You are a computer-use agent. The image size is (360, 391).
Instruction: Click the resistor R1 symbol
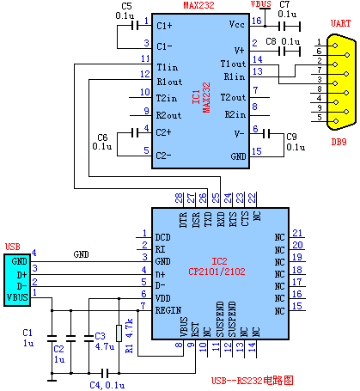119,333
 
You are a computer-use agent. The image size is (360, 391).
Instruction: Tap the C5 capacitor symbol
135,26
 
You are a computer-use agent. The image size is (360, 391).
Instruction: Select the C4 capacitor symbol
105,373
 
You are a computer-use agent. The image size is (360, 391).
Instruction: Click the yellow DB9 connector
342,82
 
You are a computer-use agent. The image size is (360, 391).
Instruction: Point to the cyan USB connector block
17,280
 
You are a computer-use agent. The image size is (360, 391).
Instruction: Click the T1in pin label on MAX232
168,67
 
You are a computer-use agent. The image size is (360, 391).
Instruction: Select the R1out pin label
169,82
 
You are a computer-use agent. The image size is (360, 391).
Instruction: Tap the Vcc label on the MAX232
237,25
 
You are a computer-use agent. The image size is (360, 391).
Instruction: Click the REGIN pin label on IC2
168,310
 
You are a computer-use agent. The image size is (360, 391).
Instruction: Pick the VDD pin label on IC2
162,298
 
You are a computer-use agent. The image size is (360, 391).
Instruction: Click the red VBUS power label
261,4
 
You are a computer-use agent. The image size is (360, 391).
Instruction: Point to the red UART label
340,23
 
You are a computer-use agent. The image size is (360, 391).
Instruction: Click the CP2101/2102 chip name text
217,272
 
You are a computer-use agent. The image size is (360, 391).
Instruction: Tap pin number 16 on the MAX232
257,21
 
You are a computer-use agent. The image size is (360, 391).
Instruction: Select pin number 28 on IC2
179,198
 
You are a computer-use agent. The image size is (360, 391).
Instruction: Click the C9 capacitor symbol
266,134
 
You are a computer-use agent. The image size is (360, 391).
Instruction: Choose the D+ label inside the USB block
21,275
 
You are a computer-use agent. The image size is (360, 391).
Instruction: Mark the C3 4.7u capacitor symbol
88,339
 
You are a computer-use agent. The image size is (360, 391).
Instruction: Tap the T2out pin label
233,98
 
